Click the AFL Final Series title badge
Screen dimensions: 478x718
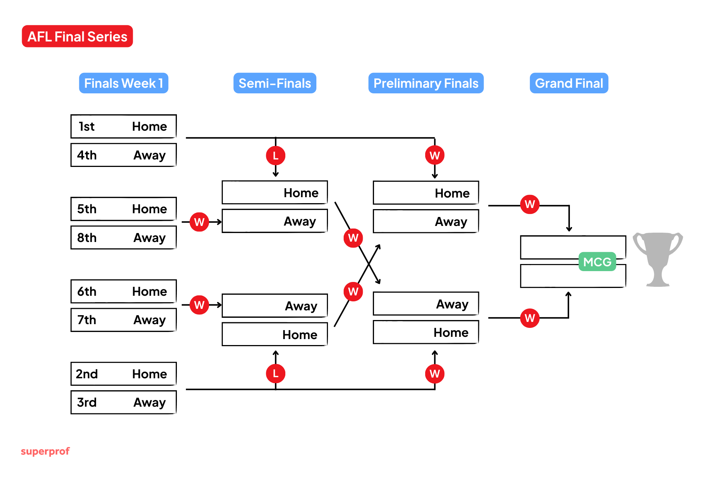point(77,36)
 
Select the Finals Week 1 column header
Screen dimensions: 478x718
point(123,83)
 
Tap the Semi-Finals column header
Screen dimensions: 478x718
point(274,83)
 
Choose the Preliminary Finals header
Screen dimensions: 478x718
point(426,83)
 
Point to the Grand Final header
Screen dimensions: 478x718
point(568,83)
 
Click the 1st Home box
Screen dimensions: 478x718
point(123,126)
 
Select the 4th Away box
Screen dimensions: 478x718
point(123,155)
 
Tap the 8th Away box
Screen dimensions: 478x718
point(123,238)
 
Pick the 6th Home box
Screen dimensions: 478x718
point(123,291)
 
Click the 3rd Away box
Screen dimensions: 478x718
point(123,402)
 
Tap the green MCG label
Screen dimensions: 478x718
point(597,262)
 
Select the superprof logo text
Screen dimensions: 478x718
point(45,451)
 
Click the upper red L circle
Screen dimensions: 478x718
point(276,155)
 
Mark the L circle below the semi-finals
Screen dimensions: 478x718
point(276,373)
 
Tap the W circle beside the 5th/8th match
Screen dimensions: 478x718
point(199,222)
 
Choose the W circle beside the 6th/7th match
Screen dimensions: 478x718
point(199,305)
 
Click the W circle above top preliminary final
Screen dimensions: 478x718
point(435,155)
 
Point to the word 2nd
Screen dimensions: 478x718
point(87,374)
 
